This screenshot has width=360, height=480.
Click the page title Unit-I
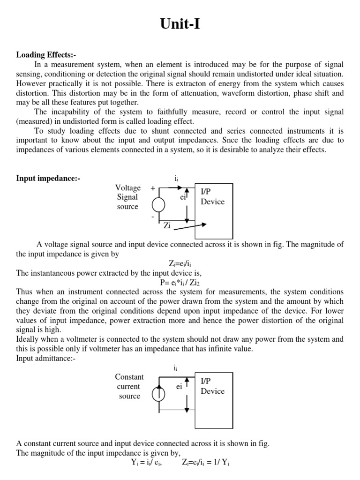[180, 24]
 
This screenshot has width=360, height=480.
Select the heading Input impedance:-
[48, 178]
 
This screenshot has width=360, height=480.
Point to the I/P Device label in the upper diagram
[212, 197]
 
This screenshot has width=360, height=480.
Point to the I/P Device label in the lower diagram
[212, 386]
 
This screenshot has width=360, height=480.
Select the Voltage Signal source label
[128, 197]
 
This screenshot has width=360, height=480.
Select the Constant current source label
[129, 387]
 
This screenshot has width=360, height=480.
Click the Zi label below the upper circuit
[167, 225]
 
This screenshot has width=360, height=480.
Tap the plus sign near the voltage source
[153, 187]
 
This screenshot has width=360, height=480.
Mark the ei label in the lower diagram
[179, 387]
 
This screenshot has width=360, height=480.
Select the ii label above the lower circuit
[175, 368]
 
